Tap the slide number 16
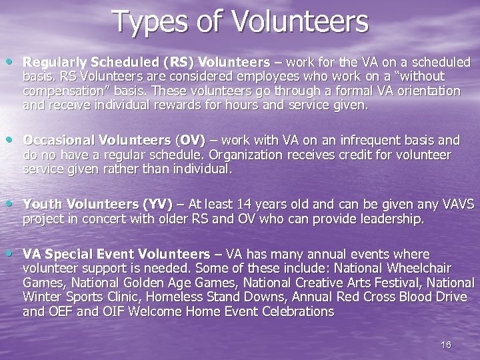[x=446, y=344]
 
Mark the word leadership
[x=391, y=219]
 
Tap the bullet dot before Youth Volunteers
[x=14, y=203]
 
